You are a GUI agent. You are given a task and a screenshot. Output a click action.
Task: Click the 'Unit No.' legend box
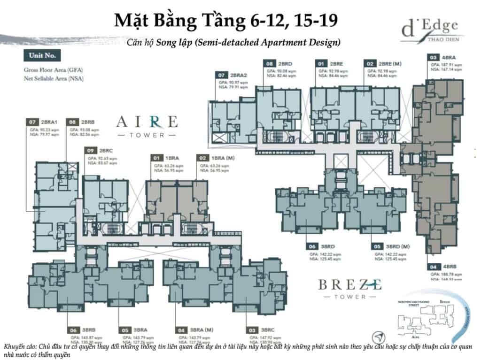(x=42, y=55)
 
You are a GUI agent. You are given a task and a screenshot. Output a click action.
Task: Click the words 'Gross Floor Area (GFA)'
(x=53, y=70)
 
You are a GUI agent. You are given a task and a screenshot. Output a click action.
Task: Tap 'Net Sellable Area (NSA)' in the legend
(x=53, y=78)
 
